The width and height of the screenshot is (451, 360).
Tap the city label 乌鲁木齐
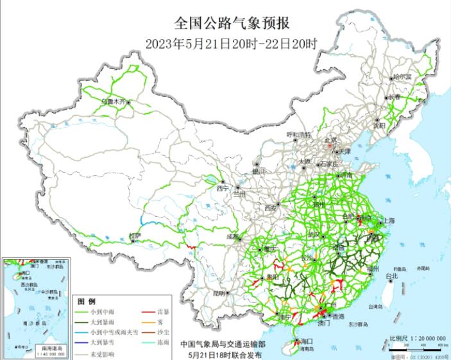114,101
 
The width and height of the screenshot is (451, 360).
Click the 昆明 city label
219,293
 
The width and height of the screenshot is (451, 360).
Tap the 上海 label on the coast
388,220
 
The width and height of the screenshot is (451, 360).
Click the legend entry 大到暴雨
97,322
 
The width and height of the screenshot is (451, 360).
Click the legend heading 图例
86,301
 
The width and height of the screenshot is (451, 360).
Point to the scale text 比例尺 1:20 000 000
418,338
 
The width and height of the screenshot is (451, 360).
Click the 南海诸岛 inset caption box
38,347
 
